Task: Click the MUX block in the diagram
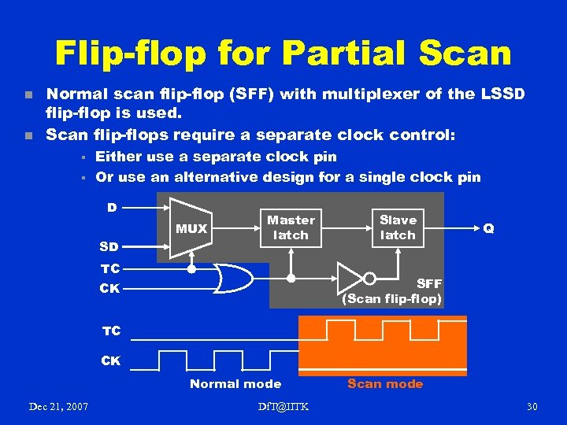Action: [191, 228]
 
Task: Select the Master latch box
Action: [291, 227]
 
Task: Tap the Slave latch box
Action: [398, 227]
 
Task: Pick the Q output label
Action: [489, 228]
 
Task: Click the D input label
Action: [112, 208]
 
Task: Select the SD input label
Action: [109, 246]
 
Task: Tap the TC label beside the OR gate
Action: [109, 268]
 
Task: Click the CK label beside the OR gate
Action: [109, 288]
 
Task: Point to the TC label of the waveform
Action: [111, 331]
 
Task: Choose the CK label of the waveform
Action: [111, 361]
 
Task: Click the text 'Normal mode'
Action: [235, 384]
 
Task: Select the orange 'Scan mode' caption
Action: [385, 384]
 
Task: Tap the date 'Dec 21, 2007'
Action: [58, 406]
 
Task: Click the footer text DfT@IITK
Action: [283, 406]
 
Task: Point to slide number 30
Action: [532, 406]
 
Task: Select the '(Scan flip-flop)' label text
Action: [391, 298]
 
